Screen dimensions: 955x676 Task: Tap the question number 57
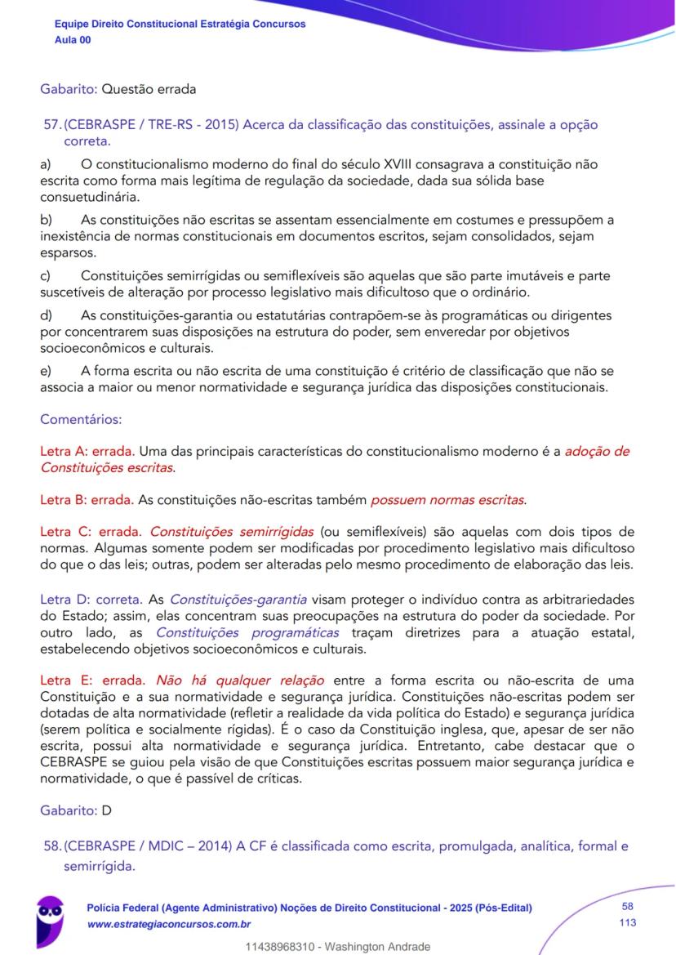pos(51,125)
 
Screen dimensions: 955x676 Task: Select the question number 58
pos(51,846)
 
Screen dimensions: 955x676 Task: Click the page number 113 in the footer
pos(628,922)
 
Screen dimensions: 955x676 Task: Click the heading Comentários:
pos(81,420)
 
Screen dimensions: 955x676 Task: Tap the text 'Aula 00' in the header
pos(73,39)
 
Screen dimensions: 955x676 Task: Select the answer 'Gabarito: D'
pos(76,810)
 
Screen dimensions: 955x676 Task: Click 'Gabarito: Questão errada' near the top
pos(118,88)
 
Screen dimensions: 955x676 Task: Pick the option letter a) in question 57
pos(46,164)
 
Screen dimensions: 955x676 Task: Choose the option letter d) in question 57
pos(47,315)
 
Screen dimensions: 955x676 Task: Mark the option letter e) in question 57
pos(46,371)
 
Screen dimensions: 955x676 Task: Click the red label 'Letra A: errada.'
pos(88,451)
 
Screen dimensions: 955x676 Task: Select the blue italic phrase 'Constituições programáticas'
pos(247,633)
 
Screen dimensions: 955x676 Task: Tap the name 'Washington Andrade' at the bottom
pos(379,947)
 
